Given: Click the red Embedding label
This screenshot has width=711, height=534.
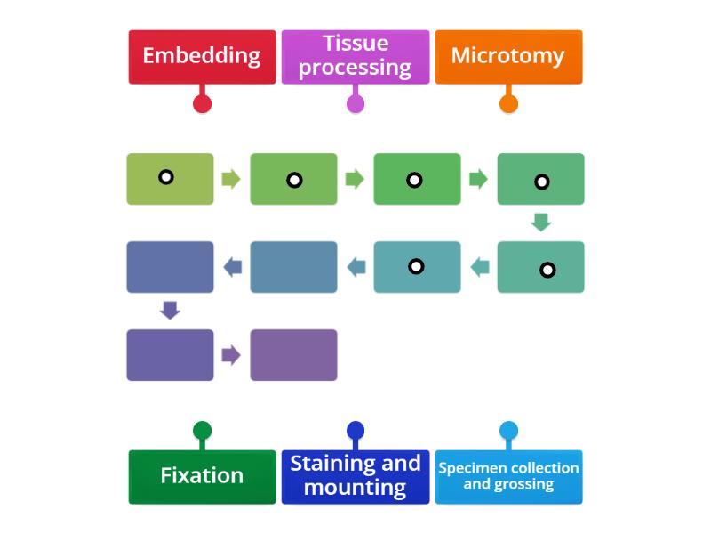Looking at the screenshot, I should [202, 56].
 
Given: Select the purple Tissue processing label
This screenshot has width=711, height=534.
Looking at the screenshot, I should [355, 56].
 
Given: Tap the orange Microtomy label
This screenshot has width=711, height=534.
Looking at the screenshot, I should [508, 56].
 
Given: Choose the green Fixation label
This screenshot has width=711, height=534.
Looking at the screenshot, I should [202, 476].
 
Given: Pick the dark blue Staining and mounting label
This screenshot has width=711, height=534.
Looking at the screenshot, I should [355, 476].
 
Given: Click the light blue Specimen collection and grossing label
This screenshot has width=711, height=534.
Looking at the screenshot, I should [508, 476].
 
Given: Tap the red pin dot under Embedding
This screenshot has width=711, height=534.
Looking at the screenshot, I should [202, 103].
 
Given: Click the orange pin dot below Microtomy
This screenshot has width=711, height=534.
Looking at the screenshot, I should [508, 103].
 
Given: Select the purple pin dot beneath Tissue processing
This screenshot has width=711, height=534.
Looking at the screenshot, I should [355, 103].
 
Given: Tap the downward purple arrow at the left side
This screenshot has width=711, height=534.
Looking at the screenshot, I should [170, 311].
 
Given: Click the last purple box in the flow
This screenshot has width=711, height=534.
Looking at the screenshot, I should [293, 355].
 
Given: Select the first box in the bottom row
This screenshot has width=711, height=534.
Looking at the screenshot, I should [170, 355].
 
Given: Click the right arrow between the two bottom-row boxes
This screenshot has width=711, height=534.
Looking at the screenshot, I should [231, 355].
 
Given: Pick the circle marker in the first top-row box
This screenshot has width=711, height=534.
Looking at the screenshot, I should [165, 176].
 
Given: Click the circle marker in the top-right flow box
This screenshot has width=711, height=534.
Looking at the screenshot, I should [541, 182].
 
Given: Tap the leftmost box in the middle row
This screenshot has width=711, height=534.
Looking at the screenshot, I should [170, 267].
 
